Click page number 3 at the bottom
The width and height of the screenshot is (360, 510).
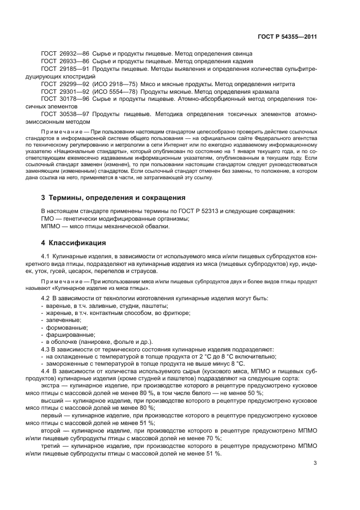point(315,464)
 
